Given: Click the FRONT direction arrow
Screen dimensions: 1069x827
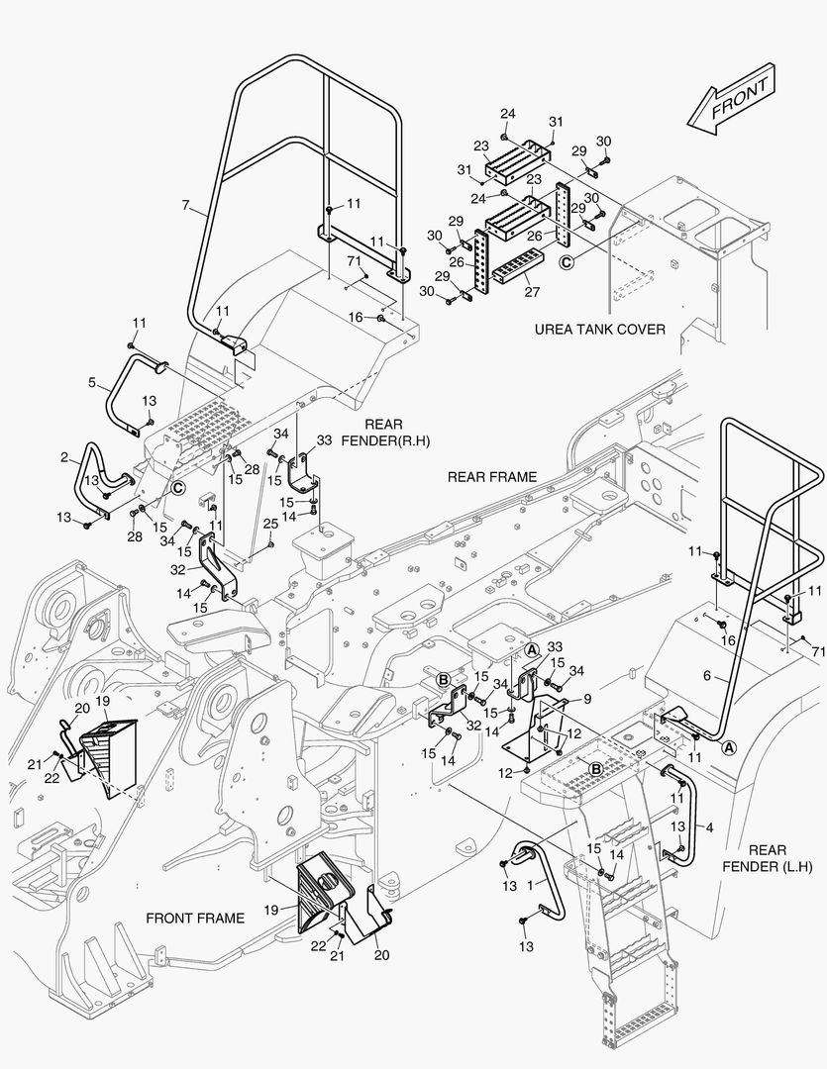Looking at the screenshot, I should pyautogui.click(x=734, y=99).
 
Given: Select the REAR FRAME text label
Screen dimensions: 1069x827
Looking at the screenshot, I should pyautogui.click(x=491, y=476).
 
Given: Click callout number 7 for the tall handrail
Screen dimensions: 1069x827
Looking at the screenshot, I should pyautogui.click(x=185, y=206).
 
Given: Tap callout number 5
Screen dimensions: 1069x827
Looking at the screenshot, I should pyautogui.click(x=91, y=381).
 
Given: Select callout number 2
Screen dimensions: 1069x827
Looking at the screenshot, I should pyautogui.click(x=64, y=457).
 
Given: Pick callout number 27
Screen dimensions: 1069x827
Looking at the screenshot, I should pyautogui.click(x=532, y=292).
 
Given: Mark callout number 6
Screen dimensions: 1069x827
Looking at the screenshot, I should pyautogui.click(x=708, y=675).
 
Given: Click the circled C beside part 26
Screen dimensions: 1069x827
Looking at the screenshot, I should pyautogui.click(x=567, y=262).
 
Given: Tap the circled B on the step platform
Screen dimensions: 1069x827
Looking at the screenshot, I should pyautogui.click(x=596, y=768).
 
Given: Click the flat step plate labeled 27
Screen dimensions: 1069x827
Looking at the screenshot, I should pyautogui.click(x=518, y=267).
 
